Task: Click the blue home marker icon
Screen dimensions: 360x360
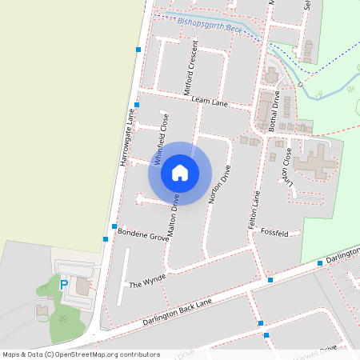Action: coord(180,173)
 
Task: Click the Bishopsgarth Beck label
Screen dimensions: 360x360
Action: coord(209,27)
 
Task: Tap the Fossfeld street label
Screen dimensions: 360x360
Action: coord(274,233)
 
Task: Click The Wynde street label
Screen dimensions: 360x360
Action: coord(147,281)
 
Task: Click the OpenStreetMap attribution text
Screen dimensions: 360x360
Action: coord(80,354)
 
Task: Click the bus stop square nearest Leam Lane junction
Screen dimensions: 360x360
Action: coord(138,105)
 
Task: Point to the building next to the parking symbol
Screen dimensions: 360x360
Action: coord(83,286)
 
